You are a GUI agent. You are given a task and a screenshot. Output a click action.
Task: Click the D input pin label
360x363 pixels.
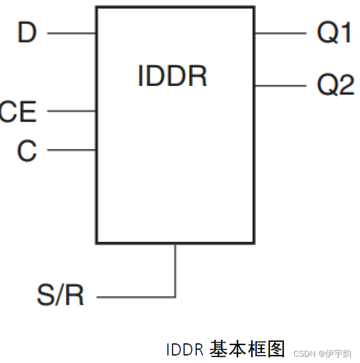click(x=27, y=33)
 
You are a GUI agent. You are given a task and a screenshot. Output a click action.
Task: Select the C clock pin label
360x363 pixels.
click(x=27, y=151)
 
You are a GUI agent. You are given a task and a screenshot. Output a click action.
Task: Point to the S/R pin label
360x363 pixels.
click(x=61, y=295)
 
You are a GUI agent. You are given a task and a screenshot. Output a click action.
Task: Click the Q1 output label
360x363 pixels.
click(x=335, y=33)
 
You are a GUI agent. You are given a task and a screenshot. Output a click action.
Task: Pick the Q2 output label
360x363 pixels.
click(x=335, y=85)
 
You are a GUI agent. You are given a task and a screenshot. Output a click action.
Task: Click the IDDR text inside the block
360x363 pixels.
click(x=172, y=76)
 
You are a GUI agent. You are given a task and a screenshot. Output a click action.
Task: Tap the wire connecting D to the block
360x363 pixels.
click(x=71, y=33)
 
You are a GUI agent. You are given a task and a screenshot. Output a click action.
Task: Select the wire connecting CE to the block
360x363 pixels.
click(x=71, y=111)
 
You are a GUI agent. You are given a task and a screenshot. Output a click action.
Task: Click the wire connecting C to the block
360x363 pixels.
click(x=71, y=150)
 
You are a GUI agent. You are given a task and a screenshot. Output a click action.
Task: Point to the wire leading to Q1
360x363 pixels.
click(x=280, y=33)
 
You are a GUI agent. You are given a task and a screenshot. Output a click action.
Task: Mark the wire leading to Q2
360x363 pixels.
click(x=280, y=85)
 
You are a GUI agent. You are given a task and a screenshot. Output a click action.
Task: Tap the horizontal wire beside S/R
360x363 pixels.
click(x=136, y=297)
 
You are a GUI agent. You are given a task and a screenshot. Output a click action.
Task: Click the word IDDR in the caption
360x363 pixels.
click(x=185, y=350)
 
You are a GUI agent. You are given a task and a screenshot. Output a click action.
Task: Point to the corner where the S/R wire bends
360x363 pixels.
click(x=175, y=297)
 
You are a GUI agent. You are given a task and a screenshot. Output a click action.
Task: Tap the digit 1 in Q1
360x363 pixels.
click(x=344, y=33)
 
